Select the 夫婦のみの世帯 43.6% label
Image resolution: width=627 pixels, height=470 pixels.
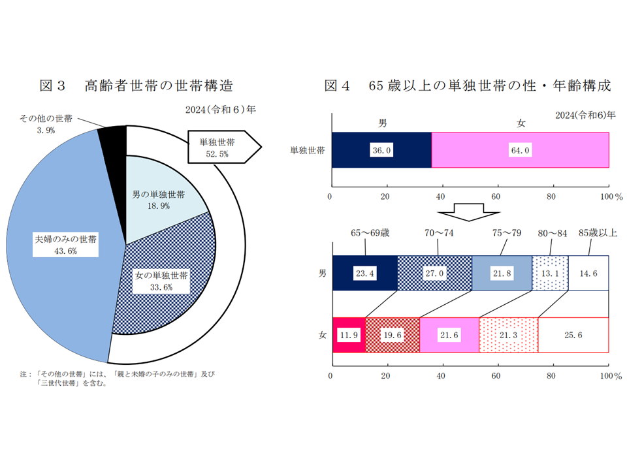(65, 245)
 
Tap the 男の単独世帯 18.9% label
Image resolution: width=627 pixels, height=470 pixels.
(158, 200)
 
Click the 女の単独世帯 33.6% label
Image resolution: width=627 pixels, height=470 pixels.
(161, 281)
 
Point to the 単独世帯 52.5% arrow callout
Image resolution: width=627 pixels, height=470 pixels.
(224, 147)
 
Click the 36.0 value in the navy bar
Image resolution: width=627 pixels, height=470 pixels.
(381, 150)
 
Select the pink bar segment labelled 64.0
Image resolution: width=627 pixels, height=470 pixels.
(521, 150)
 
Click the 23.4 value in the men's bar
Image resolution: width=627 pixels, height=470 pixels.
(364, 274)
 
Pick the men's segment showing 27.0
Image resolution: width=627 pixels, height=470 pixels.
(435, 273)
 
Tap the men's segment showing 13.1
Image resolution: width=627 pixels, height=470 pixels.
(550, 273)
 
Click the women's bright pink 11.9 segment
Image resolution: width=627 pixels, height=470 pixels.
(349, 335)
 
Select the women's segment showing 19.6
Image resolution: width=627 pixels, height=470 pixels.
(393, 335)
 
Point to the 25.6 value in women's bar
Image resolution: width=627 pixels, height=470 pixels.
(573, 335)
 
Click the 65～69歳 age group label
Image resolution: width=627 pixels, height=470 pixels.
(370, 233)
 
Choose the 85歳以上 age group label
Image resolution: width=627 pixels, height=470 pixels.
(598, 232)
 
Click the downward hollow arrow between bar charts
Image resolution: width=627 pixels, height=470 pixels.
(469, 212)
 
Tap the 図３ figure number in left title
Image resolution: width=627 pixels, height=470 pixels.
(52, 86)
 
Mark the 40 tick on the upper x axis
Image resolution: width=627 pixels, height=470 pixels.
(440, 196)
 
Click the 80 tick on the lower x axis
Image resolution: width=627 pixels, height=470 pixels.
(551, 376)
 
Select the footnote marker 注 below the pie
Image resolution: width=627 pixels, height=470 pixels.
(24, 374)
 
